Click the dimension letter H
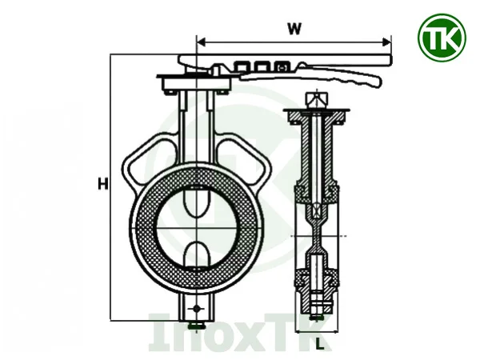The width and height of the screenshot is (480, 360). (102, 184)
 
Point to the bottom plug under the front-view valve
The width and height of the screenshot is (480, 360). (195, 325)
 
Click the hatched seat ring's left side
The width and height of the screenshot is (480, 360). (141, 228)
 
